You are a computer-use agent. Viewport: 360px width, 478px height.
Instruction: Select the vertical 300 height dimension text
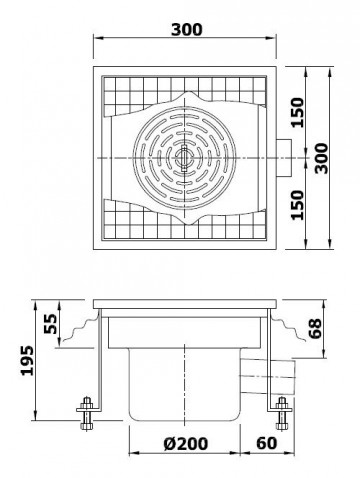(322, 156)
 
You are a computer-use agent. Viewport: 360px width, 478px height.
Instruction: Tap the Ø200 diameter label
(187, 443)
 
